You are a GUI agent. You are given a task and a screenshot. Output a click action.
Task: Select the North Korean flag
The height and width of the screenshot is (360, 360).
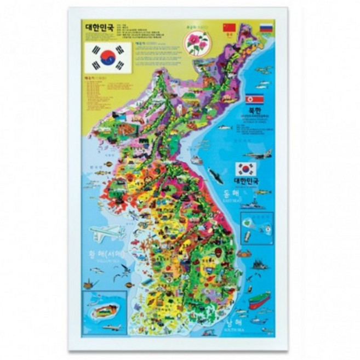254,99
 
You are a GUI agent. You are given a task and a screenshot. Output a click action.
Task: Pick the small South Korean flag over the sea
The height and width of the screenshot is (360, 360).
245,169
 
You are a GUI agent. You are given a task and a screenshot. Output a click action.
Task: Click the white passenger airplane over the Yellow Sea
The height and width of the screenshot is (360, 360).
107,233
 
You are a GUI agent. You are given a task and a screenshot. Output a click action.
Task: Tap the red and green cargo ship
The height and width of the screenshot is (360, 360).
259,299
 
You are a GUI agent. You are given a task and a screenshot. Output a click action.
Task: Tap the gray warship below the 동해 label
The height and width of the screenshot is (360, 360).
254,204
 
